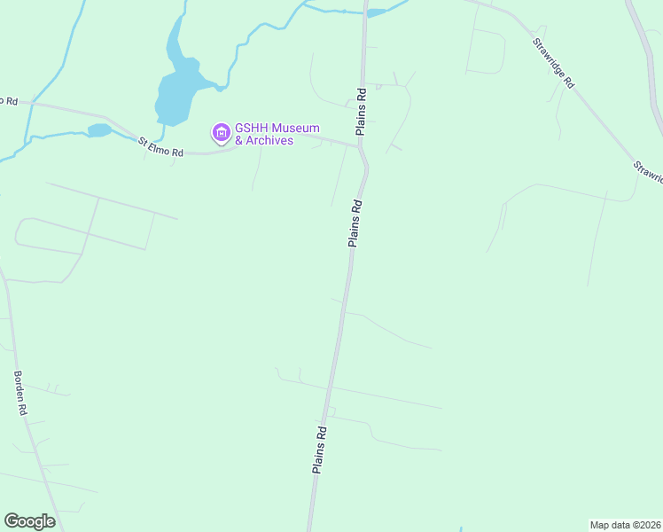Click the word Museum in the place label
295,129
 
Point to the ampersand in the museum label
239,141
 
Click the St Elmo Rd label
160,148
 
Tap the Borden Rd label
21,393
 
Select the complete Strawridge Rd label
554,62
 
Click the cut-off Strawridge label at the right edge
649,172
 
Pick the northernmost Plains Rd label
362,111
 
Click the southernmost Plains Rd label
320,450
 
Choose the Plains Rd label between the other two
355,223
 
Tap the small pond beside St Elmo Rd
99,130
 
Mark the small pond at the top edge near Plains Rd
377,12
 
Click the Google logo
30,521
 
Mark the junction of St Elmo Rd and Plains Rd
360,147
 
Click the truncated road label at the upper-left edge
9,101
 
